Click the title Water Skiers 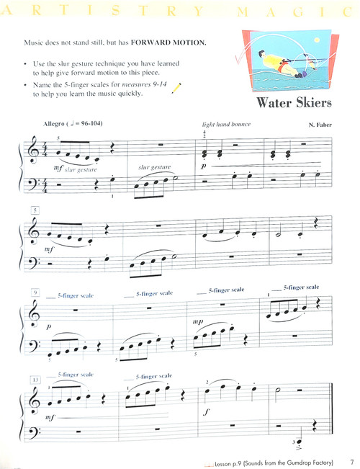click(x=292, y=102)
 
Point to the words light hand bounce click(x=226, y=124)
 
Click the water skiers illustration click(x=288, y=62)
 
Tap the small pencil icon click(x=176, y=87)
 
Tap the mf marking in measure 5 click(x=48, y=249)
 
